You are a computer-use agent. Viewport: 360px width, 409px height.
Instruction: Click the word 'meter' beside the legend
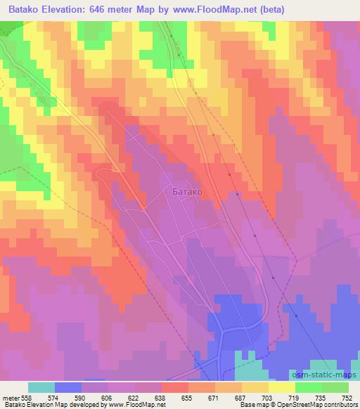10,397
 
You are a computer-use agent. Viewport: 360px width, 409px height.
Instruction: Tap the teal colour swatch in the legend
41,387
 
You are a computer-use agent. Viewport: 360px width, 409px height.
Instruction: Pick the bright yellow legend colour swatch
282,387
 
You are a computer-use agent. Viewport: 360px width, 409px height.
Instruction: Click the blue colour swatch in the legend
68,387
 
